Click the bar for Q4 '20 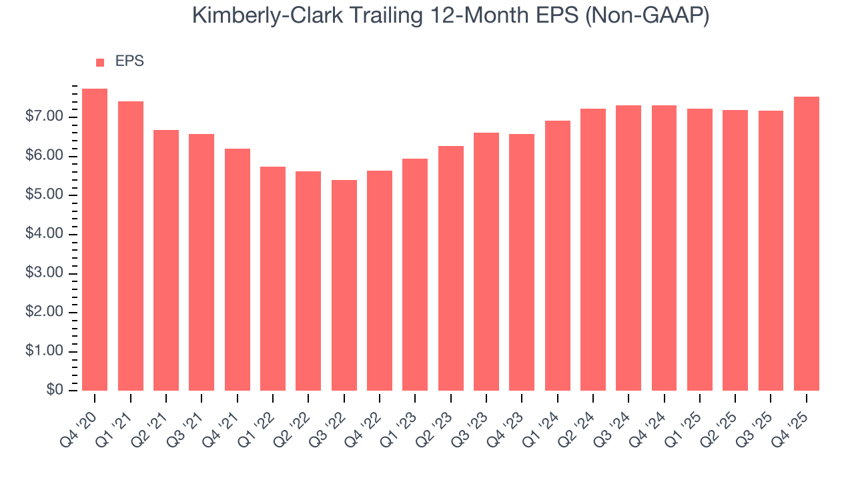(x=95, y=239)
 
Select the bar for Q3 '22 (x=344, y=285)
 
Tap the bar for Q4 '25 (x=806, y=243)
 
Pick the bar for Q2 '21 (x=166, y=260)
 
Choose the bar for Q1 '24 (x=557, y=255)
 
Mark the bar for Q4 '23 (x=522, y=262)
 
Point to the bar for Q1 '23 (x=415, y=275)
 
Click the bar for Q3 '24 (x=628, y=248)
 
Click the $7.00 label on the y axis (x=44, y=117)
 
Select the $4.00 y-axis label (x=44, y=235)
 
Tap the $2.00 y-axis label (x=44, y=313)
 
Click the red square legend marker (x=100, y=62)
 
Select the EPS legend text (x=129, y=61)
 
